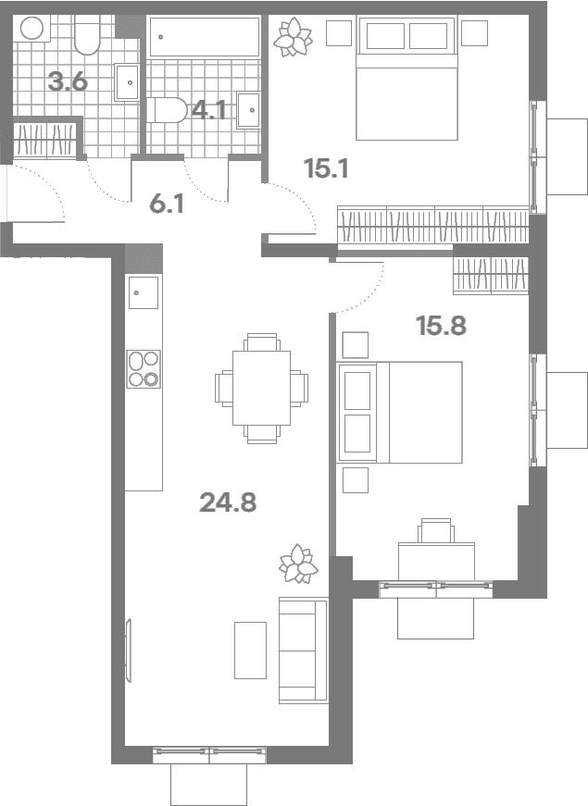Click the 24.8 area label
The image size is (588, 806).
228,502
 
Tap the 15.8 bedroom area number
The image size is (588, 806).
442,326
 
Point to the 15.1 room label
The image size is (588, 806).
326,168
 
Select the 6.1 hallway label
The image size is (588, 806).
166,205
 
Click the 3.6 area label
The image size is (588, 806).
68,81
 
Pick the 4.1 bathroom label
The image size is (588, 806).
209,110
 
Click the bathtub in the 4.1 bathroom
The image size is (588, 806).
205,36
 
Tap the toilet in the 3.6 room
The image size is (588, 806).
87,34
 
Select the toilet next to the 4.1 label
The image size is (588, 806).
167,110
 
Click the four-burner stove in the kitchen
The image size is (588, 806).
144,369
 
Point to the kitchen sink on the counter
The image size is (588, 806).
144,292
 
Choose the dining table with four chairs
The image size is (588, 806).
261,388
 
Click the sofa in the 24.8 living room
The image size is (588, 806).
304,651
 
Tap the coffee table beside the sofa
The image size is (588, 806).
251,651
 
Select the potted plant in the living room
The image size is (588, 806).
298,564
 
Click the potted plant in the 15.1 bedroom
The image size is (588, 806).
293,37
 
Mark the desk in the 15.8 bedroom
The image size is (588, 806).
436,562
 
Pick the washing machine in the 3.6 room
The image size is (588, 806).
31,29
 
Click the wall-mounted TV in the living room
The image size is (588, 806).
128,651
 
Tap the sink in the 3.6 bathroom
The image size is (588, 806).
126,82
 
